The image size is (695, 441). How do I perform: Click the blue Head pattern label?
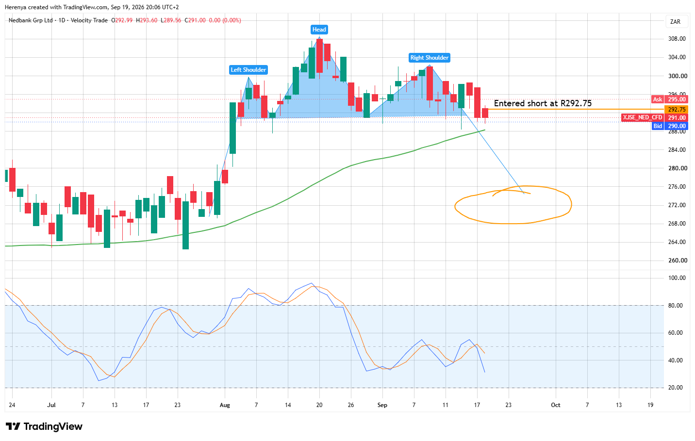click(x=319, y=30)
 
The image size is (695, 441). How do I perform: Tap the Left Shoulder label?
click(x=248, y=70)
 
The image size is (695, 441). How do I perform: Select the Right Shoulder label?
click(x=430, y=58)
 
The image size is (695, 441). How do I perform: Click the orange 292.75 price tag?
click(x=677, y=110)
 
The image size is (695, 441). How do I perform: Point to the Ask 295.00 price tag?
click(x=670, y=99)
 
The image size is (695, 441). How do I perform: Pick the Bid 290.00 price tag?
click(x=670, y=126)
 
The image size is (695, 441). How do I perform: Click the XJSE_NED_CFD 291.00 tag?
click(x=655, y=117)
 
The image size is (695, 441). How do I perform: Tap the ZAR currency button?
click(x=676, y=22)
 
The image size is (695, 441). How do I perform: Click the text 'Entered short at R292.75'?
click(x=543, y=103)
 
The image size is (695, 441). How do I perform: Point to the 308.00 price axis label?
click(x=677, y=39)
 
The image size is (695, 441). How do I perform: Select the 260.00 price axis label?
click(x=677, y=260)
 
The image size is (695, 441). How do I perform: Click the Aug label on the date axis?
click(x=225, y=405)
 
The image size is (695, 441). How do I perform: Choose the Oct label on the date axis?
click(x=555, y=405)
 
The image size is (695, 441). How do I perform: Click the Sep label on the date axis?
click(x=382, y=405)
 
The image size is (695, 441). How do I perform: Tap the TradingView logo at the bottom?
click(x=44, y=426)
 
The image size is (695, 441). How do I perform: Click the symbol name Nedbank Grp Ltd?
click(x=31, y=20)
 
